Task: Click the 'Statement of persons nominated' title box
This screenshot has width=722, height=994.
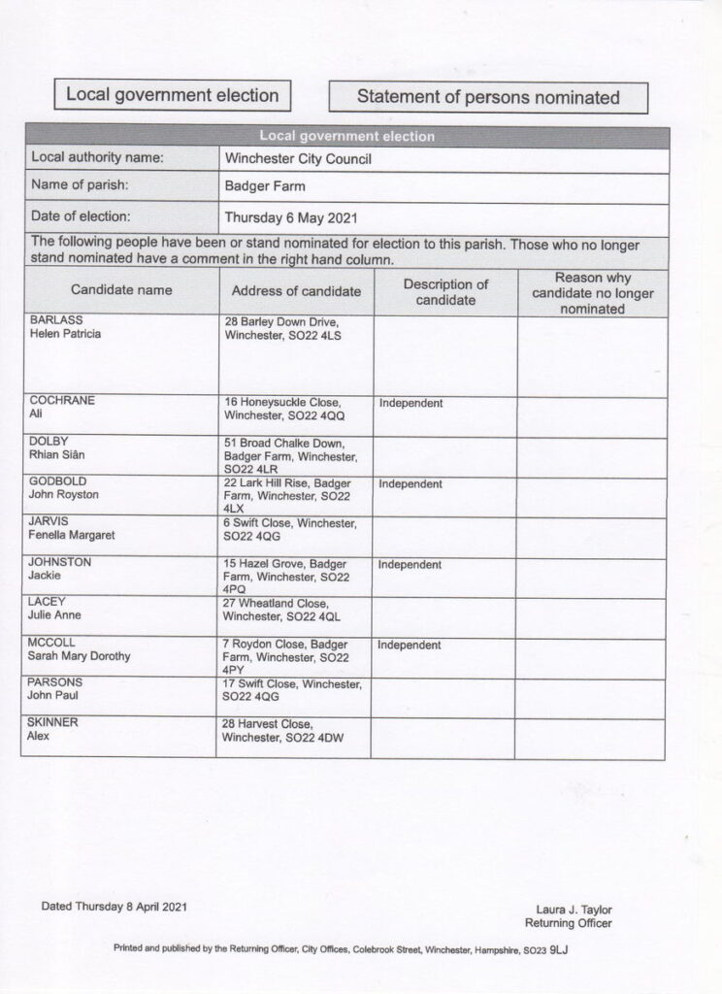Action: point(487,96)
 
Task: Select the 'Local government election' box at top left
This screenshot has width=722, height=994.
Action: point(172,94)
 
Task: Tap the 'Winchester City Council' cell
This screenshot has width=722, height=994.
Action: point(298,158)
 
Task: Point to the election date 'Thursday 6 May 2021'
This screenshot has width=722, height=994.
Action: point(288,217)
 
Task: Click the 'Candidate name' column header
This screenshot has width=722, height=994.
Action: point(121,290)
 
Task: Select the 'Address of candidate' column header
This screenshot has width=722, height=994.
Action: point(296,291)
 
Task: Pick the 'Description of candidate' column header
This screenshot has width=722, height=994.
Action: point(445,292)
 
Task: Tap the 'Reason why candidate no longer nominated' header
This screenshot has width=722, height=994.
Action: point(592,292)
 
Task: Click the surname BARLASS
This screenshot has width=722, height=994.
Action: point(55,319)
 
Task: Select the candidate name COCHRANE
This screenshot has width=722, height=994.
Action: point(61,400)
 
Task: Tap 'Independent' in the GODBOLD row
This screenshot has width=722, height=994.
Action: point(410,483)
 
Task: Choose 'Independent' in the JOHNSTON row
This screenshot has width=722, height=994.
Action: point(410,564)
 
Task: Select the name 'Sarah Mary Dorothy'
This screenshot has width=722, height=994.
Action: point(80,656)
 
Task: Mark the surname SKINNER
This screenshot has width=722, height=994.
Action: point(52,723)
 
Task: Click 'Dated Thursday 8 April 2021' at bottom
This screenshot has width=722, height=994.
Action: point(114,907)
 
